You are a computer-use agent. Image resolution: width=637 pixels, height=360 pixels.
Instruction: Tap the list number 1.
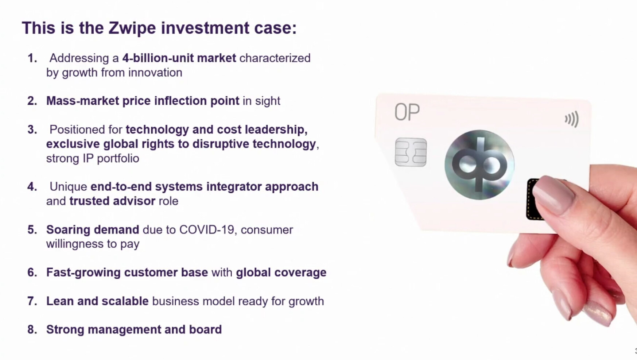[x=32, y=58]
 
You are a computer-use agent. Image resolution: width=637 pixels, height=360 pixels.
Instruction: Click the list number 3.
[x=32, y=129]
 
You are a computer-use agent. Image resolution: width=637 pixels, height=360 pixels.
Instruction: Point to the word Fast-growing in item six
[x=83, y=272]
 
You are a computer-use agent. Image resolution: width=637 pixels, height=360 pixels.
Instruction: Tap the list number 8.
[x=32, y=329]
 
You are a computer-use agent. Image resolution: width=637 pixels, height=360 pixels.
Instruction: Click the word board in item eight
[x=205, y=329]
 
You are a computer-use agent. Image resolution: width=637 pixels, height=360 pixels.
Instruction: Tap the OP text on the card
[x=407, y=112]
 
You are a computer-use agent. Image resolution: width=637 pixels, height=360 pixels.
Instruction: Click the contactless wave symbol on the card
[x=572, y=119]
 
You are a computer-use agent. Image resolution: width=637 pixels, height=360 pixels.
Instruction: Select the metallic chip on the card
[x=411, y=152]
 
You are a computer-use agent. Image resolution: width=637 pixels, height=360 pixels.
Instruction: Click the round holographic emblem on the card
[x=479, y=165]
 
